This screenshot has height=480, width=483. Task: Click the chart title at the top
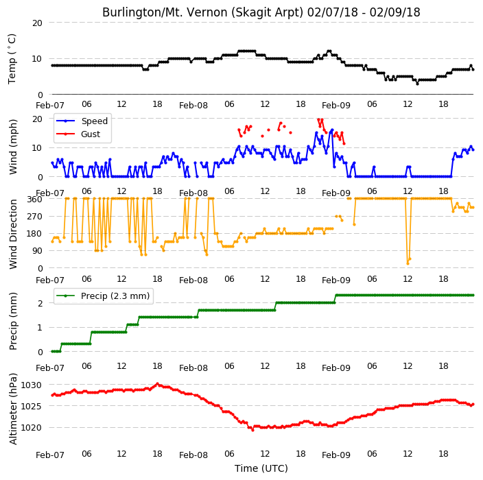pyautogui.click(x=261, y=12)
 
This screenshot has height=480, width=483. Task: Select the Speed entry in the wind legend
pyautogui.click(x=82, y=121)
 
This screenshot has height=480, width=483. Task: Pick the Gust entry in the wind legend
pyautogui.click(x=78, y=134)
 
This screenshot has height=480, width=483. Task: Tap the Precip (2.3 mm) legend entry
pyautogui.click(x=103, y=296)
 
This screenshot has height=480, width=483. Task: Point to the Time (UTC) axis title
pyautogui.click(x=261, y=468)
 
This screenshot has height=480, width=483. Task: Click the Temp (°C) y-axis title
pyautogui.click(x=12, y=59)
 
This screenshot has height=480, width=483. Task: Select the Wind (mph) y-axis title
pyautogui.click(x=12, y=147)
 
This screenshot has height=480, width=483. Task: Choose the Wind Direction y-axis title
pyautogui.click(x=12, y=234)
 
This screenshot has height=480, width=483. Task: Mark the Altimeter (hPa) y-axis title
pyautogui.click(x=12, y=409)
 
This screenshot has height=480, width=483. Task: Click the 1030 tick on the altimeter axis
pyautogui.click(x=31, y=385)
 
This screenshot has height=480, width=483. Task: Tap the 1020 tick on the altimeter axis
pyautogui.click(x=31, y=428)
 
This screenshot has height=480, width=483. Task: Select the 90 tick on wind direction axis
pyautogui.click(x=37, y=251)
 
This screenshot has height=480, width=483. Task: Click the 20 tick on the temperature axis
pyautogui.click(x=37, y=23)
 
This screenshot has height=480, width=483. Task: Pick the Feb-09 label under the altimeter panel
pyautogui.click(x=336, y=455)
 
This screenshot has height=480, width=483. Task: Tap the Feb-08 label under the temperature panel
pyautogui.click(x=193, y=106)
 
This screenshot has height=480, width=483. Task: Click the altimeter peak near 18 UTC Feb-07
pyautogui.click(x=157, y=384)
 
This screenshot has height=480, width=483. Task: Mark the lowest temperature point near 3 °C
pyautogui.click(x=417, y=84)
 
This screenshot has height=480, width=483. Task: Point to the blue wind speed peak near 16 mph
pyautogui.click(x=332, y=130)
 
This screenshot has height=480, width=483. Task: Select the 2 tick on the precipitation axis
pyautogui.click(x=40, y=303)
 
